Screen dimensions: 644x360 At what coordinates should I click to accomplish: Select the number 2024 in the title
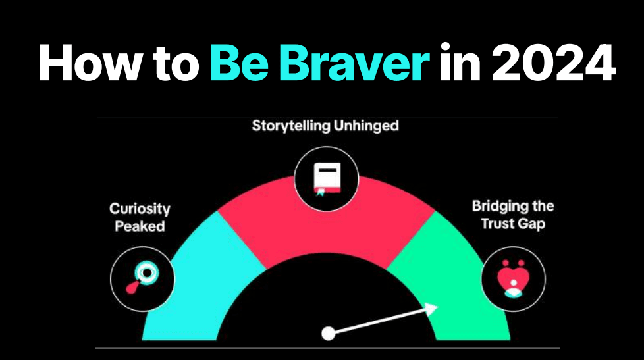(553, 63)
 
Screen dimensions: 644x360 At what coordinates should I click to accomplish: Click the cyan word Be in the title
(239, 63)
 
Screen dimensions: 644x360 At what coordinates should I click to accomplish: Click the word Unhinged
(366, 126)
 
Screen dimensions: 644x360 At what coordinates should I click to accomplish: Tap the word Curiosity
(140, 209)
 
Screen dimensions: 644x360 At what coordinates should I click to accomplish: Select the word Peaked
(140, 226)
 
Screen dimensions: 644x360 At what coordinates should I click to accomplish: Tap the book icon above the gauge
(327, 180)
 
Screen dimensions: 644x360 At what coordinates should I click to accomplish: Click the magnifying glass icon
(142, 276)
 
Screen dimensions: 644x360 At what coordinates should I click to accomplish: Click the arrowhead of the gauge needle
(431, 309)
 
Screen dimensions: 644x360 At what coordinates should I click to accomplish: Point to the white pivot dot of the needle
(328, 334)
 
